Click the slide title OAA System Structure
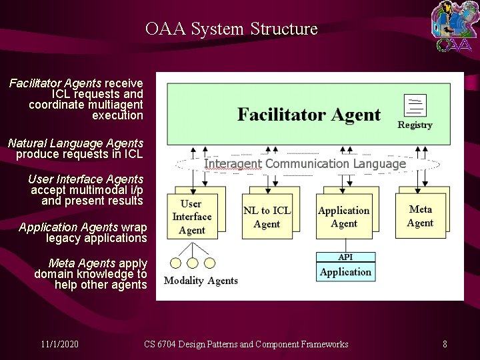coord(231,29)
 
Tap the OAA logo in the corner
coord(453,27)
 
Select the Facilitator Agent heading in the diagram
coord(309,115)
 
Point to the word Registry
coord(415,125)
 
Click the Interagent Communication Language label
coord(305,163)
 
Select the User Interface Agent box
coord(192,217)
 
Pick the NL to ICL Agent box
coord(267,217)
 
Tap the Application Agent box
coord(343,217)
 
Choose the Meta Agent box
coord(420,216)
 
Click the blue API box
coord(345,257)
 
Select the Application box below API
coord(345,272)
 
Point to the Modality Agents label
coord(201,281)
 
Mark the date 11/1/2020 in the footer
coord(59,344)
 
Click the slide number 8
coord(445,344)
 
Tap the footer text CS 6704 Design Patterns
coord(246,344)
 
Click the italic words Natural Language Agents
coord(75,143)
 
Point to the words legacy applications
coord(96,238)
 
